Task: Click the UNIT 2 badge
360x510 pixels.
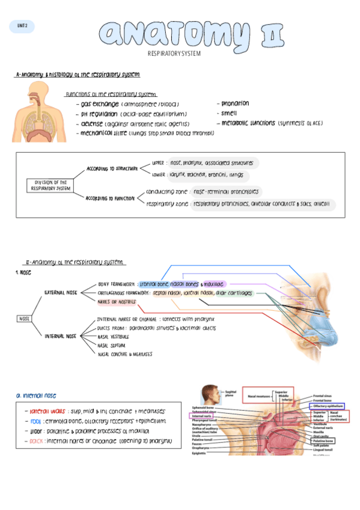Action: click(22, 26)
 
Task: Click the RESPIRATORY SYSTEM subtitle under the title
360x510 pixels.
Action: click(174, 54)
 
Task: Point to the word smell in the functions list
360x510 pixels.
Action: click(229, 113)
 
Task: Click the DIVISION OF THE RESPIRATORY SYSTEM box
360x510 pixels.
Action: click(50, 185)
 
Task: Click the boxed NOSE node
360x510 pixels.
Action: click(25, 319)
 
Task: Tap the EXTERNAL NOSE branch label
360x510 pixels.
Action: click(61, 293)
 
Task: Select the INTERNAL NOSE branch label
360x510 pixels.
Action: click(61, 336)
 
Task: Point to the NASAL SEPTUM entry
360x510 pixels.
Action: click(111, 345)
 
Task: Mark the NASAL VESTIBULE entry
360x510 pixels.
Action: click(113, 337)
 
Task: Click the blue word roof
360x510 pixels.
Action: click(35, 422)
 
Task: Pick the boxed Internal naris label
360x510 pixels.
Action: click(200, 416)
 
